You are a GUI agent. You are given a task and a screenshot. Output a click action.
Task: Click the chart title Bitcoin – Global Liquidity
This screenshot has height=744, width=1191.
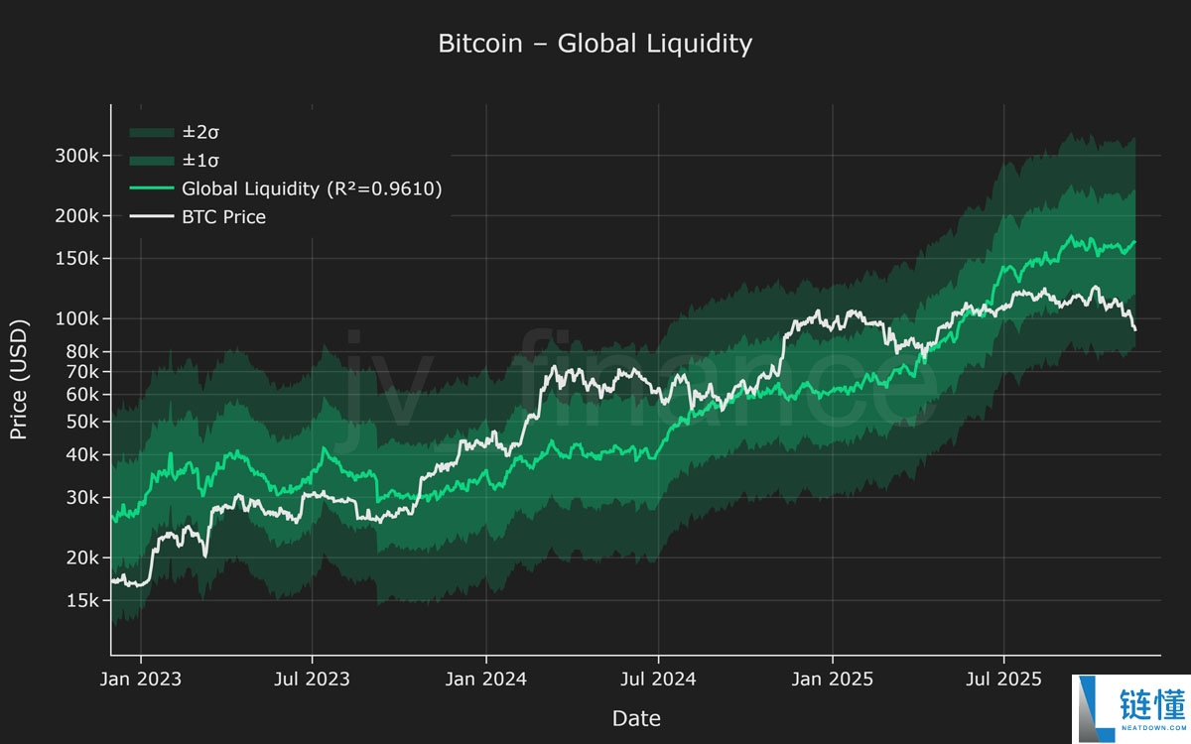pos(595,44)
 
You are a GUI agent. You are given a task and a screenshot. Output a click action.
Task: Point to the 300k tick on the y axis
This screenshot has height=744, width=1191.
pos(77,156)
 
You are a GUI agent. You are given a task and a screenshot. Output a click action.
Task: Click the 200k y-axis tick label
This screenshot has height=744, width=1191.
pos(77,216)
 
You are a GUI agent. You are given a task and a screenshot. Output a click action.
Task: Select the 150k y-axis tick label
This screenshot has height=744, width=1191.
pos(77,259)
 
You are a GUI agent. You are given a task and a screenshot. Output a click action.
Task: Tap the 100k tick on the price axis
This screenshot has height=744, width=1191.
pos(77,319)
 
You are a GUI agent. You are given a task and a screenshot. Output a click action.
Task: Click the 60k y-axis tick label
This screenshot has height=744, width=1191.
pos(81,395)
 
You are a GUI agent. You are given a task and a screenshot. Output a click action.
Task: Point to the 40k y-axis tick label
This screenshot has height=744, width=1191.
pos(81,455)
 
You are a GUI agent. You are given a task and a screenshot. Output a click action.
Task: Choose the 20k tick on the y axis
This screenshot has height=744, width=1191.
pos(81,558)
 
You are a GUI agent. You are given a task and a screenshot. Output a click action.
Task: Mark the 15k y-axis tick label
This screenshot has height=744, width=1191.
pos(81,601)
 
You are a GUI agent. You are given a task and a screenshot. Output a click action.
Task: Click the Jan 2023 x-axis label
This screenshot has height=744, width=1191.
pos(141,679)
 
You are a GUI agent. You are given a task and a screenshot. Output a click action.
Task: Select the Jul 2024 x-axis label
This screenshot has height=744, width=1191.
pos(659,679)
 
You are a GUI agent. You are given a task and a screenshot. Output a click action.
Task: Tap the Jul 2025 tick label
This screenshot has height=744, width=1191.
pos(1004,679)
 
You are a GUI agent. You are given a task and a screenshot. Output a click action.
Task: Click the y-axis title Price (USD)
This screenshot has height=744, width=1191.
pos(18,379)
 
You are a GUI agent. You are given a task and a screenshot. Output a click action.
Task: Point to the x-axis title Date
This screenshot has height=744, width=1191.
pos(636,718)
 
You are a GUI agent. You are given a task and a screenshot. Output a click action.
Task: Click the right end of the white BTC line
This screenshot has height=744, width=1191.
pos(1134,329)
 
